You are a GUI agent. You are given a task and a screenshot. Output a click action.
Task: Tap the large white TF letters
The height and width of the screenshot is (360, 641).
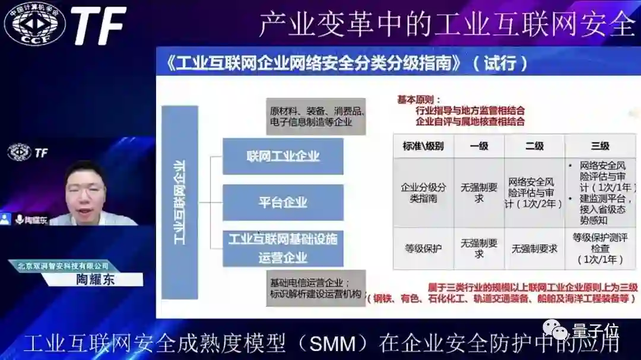99,26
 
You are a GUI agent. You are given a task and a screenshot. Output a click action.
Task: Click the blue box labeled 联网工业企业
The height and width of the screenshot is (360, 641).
283,157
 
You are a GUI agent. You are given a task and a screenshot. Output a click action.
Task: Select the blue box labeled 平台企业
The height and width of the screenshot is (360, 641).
283,202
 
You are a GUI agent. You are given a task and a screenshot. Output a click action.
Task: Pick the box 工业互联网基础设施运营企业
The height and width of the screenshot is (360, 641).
283,248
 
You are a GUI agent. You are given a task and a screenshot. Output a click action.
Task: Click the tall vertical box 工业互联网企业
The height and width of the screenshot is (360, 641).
179,202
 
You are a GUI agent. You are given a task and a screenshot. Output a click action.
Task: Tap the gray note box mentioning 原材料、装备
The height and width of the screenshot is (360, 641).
316,116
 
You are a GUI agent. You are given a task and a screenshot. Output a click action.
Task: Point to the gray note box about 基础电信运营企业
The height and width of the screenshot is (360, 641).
316,288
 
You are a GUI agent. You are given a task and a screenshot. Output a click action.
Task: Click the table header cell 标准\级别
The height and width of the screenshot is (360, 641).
423,146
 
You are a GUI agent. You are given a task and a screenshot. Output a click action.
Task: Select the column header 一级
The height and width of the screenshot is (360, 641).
479,146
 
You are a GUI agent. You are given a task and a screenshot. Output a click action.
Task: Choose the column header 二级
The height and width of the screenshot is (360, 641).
534,146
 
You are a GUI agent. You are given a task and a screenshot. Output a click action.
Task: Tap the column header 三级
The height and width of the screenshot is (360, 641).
599,146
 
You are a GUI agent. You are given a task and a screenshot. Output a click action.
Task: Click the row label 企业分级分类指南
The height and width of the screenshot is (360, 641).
423,193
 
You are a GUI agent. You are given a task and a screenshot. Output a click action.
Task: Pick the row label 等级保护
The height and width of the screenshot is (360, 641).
423,249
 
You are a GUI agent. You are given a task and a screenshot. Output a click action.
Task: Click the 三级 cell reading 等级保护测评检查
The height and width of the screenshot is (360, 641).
599,249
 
